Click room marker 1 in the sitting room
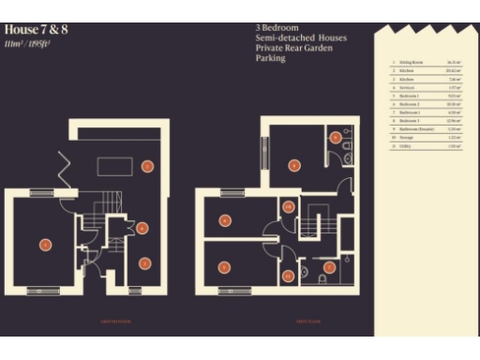[x=44, y=245]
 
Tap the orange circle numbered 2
[x=147, y=166]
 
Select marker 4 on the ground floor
[x=142, y=227]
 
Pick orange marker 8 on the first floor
[x=294, y=166]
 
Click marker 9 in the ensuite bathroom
[x=335, y=137]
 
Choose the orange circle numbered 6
[x=224, y=220]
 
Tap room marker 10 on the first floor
[x=289, y=206]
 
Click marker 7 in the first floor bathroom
[x=329, y=267]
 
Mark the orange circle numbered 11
[x=289, y=276]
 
